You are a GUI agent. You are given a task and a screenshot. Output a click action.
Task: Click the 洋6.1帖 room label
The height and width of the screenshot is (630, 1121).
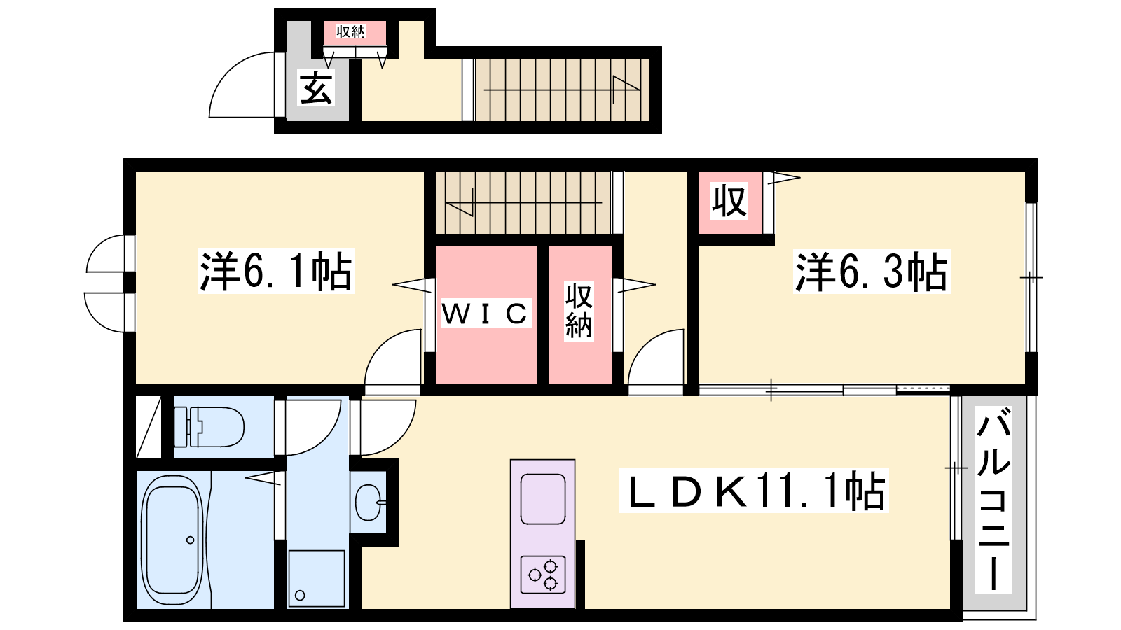276,271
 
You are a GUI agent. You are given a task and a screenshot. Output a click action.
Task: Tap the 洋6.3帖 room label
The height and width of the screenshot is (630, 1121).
872,272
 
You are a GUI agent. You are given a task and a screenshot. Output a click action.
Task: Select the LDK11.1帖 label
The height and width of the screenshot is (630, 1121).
754,491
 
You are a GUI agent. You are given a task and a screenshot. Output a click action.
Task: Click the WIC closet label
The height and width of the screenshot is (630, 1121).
485,314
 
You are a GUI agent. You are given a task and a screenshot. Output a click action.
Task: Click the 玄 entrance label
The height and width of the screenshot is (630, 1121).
316,88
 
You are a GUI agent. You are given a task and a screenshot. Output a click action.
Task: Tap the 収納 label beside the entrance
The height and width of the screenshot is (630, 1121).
351,32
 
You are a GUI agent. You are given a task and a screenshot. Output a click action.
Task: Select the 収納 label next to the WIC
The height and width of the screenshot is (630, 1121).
579,311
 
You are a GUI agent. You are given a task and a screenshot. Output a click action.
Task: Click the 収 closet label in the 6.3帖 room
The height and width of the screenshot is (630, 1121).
729,201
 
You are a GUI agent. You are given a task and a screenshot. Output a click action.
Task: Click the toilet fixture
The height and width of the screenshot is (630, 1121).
209,427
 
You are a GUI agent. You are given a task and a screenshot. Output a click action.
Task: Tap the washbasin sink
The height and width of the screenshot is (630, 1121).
369,502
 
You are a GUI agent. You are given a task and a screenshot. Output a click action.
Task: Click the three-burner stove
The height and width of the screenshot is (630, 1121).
543,575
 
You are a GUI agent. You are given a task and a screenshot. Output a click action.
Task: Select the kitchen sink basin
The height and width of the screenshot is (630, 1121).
543,499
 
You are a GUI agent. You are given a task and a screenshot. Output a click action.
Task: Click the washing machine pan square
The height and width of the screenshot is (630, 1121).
316,578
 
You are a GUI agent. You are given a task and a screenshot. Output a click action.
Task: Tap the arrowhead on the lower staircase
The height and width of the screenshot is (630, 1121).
460,202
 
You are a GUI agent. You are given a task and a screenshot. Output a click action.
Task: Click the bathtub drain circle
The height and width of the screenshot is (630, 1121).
190,540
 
